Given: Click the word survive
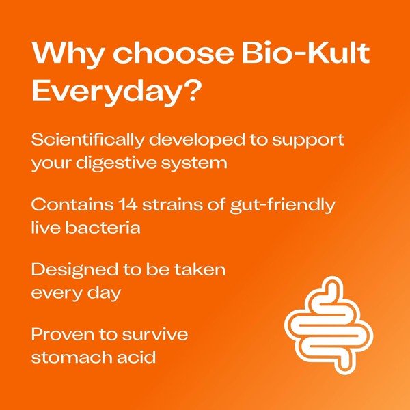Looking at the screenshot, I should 157,335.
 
